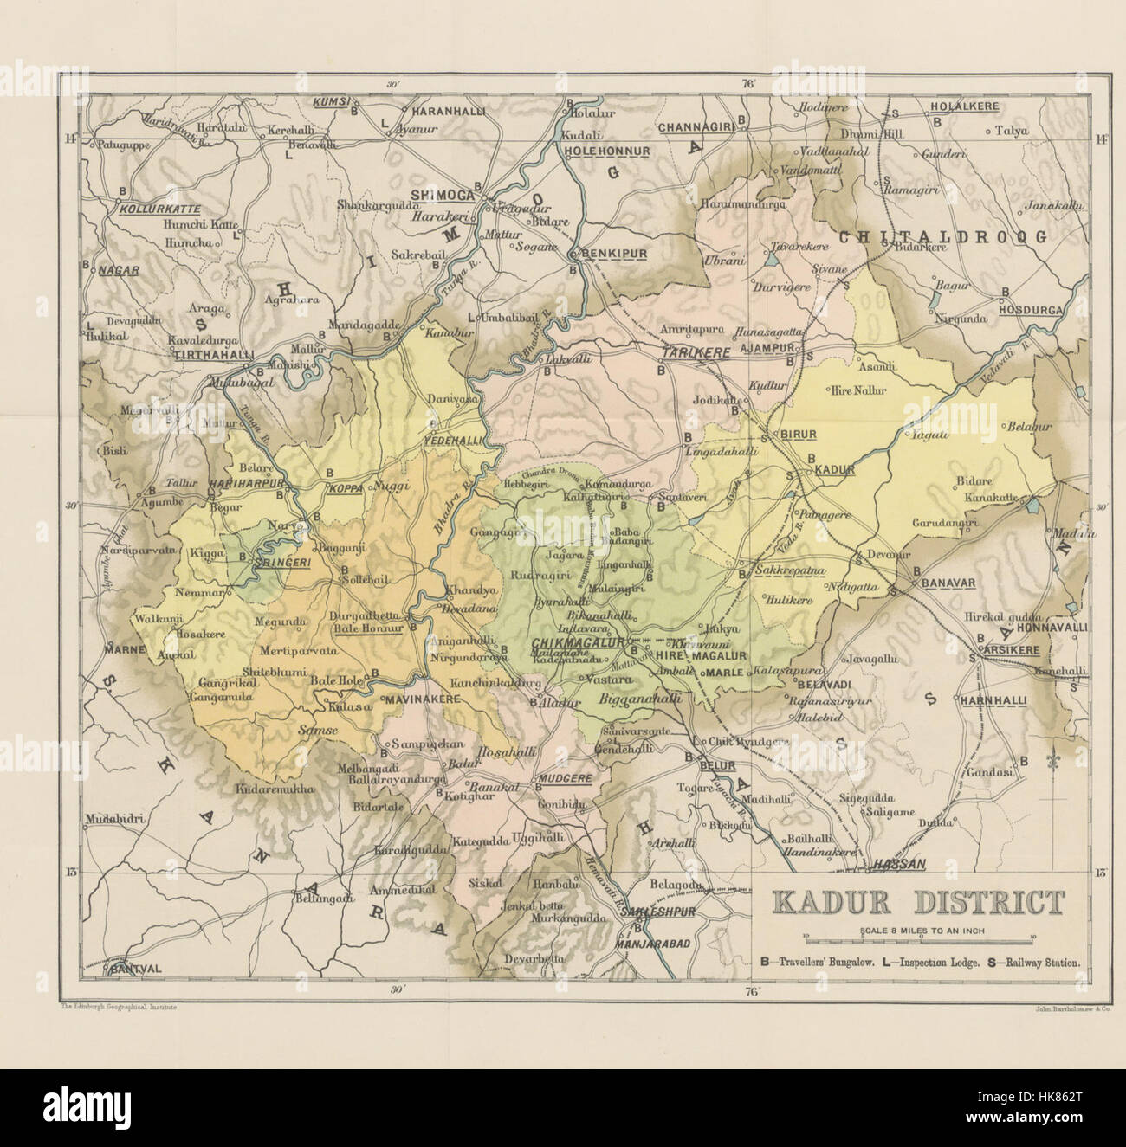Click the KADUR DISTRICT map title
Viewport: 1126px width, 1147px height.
click(917, 902)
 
